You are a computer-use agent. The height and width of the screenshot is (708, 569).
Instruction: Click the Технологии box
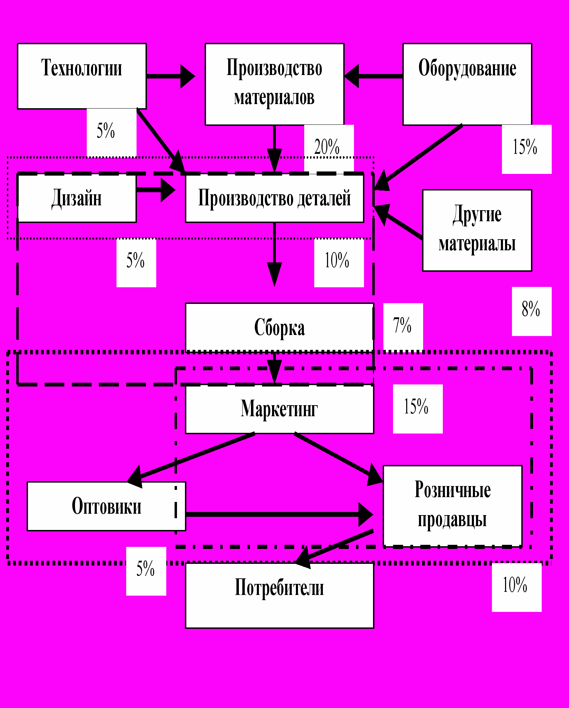coord(82,76)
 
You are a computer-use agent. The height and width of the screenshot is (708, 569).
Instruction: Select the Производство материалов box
coord(274,84)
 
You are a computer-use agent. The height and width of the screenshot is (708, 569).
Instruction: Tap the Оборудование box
coord(467,84)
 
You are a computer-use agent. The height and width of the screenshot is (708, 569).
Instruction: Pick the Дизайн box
coord(77,198)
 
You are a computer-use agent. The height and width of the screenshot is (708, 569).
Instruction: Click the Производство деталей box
coord(274,198)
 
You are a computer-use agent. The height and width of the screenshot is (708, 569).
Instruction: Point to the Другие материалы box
coord(477,230)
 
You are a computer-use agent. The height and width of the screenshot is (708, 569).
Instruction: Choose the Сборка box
coord(279,327)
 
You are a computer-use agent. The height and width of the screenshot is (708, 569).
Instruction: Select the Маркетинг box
coord(279,409)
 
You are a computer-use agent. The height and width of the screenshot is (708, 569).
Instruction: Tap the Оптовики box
coord(106,506)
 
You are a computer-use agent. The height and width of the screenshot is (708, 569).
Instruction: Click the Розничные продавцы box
coord(453,506)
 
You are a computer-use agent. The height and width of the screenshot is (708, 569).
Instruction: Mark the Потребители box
coord(279,595)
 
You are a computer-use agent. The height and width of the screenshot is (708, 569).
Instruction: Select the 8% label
coord(531,309)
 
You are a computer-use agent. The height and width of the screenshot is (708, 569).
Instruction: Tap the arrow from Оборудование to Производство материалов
coord(373,76)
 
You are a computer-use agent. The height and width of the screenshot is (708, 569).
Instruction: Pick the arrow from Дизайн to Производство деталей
coord(156,189)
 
